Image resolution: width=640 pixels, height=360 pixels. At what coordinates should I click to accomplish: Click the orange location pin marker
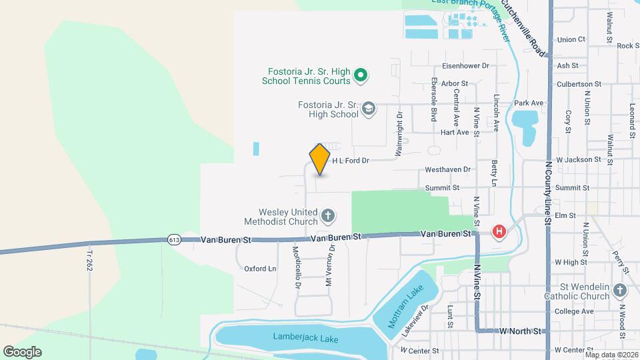tap(320, 159)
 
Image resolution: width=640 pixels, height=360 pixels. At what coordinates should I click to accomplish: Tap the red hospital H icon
tap(499, 232)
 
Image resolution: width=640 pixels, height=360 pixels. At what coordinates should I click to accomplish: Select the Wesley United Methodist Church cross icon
tap(327, 215)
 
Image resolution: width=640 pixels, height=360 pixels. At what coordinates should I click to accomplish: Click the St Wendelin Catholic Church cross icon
tap(620, 291)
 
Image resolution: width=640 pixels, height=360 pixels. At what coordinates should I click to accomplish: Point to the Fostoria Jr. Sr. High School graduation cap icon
tap(369, 109)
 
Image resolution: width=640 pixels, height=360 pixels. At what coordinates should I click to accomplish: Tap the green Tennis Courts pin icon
tap(360, 75)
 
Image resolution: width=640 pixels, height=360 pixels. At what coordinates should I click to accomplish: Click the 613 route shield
tap(174, 239)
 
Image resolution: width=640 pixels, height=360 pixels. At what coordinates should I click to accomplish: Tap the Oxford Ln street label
tap(260, 269)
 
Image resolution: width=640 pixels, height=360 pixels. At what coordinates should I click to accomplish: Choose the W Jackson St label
tap(578, 160)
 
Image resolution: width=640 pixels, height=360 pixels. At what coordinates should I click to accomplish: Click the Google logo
tap(22, 352)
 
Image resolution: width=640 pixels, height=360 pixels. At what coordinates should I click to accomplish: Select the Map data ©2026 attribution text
tap(611, 354)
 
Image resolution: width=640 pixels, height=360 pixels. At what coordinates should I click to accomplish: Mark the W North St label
tap(521, 331)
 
